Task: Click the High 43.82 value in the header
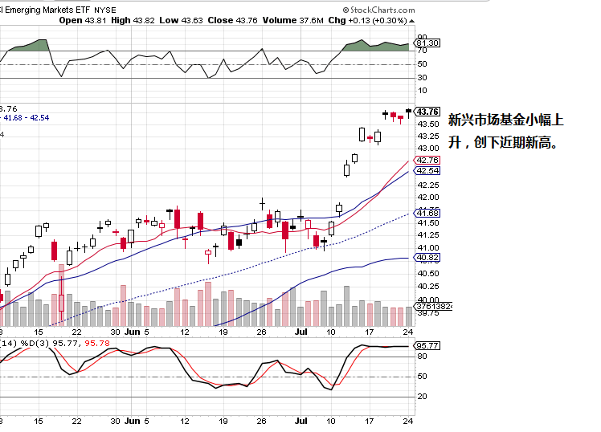(x=133, y=20)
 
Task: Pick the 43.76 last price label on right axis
(x=428, y=112)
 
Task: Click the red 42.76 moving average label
(x=428, y=161)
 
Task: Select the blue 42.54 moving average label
(x=428, y=170)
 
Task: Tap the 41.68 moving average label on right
(x=428, y=212)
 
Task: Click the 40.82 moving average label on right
(x=428, y=257)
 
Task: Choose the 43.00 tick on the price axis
(x=428, y=148)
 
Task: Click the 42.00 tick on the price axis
(x=428, y=198)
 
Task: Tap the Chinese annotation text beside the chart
(x=505, y=131)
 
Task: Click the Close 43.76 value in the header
(x=233, y=20)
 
